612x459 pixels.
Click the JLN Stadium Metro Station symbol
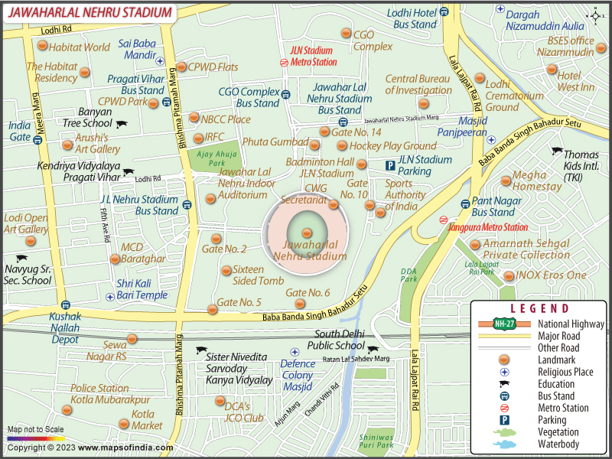coord(284,63)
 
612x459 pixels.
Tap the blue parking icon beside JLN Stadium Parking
coord(389,165)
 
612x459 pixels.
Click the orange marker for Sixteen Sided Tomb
coord(226,270)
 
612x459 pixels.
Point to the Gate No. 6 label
coord(308,293)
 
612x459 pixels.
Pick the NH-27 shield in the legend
coord(503,323)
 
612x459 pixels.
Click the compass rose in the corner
coord(597,15)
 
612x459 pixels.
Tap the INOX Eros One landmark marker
coord(509,275)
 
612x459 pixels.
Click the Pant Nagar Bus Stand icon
coord(464,203)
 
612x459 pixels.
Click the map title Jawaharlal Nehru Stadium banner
coord(87,11)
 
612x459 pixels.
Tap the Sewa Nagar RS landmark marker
coord(132,339)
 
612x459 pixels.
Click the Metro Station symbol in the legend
coord(504,408)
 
